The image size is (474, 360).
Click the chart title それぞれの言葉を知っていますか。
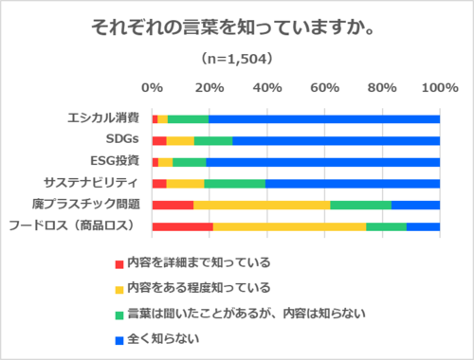click(236, 27)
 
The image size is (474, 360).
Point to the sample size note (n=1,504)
click(236, 59)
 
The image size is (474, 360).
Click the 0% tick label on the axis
click(152, 87)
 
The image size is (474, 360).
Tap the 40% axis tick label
click(267, 87)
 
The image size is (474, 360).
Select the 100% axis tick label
click(439, 87)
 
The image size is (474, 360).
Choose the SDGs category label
click(121, 140)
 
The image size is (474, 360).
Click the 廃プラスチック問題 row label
click(92, 205)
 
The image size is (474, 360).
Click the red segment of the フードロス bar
click(182, 225)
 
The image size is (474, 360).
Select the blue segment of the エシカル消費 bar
click(324, 118)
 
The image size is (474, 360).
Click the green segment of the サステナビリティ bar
click(235, 183)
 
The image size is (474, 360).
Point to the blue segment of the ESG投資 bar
click(323, 161)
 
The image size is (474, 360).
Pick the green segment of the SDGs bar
click(213, 140)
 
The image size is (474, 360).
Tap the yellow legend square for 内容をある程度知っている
click(118, 288)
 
